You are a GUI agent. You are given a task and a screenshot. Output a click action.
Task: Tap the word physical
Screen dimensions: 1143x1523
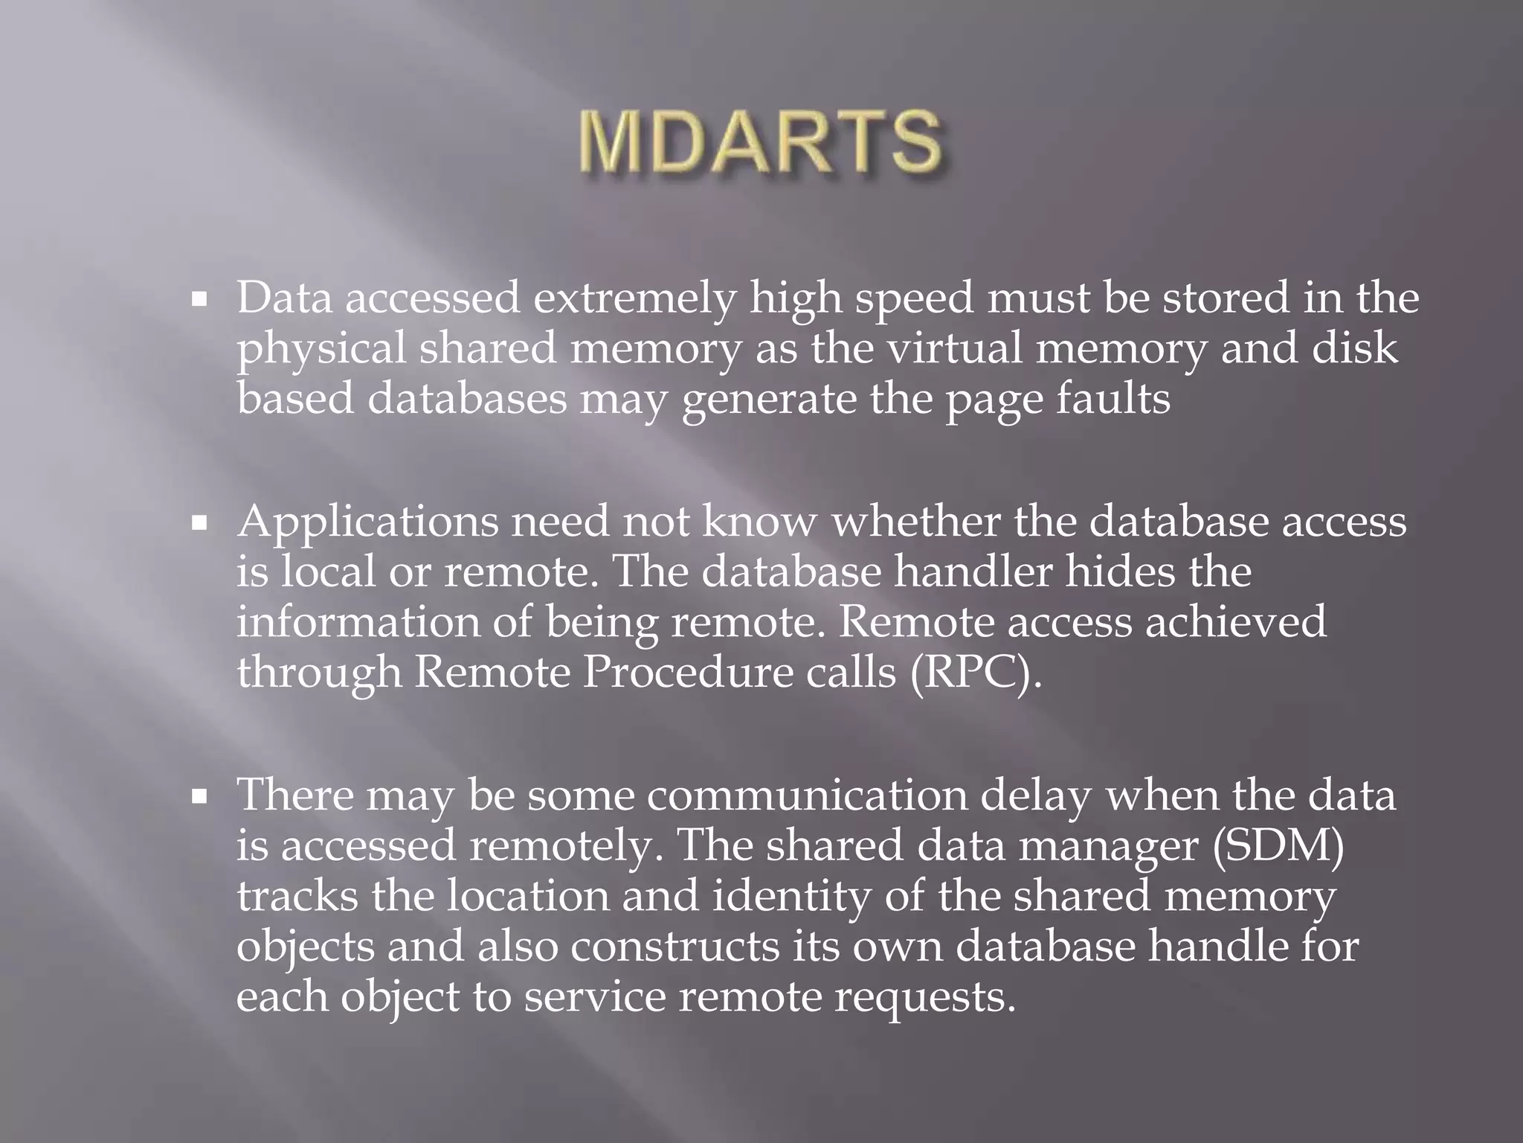[x=321, y=349]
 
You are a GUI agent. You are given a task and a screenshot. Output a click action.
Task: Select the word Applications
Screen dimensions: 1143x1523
[x=367, y=523]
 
